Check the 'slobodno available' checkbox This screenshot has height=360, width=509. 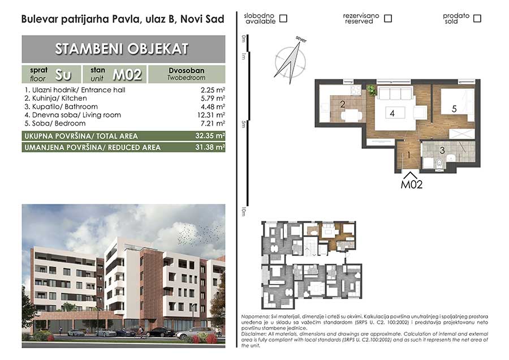coord(283,19)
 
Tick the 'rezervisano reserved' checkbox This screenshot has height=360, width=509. coord(387,19)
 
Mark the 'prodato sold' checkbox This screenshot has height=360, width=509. coord(477,19)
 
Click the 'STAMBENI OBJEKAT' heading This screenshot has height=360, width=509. coord(122,49)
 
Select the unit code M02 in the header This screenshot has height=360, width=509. coord(127,75)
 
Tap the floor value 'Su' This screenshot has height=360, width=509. coord(63,75)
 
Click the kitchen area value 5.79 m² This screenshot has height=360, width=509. coord(213,98)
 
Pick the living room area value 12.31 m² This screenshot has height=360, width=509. coord(211,115)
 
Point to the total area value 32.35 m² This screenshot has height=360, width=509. coord(210,135)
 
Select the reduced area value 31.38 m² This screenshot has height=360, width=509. coord(210,147)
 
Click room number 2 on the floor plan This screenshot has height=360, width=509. coord(343,104)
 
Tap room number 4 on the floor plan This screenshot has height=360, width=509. coord(392,113)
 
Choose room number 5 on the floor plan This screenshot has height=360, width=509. coord(454,109)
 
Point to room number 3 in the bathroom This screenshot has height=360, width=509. coord(442,150)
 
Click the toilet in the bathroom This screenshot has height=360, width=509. coord(439,164)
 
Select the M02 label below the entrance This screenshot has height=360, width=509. coord(412,185)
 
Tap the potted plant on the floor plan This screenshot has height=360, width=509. coord(371,89)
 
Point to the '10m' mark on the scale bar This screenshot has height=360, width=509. coord(243,211)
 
